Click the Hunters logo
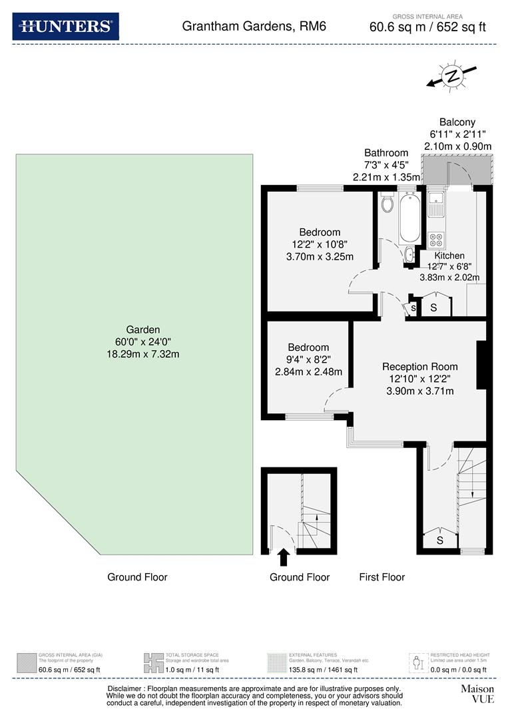click(65, 27)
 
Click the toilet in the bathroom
click(387, 202)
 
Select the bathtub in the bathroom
click(409, 218)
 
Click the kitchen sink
click(436, 202)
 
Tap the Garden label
click(144, 330)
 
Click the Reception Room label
click(419, 366)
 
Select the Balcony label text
click(457, 122)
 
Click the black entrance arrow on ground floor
click(283, 557)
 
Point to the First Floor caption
click(381, 577)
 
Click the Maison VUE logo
click(477, 694)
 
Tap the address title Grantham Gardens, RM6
click(254, 27)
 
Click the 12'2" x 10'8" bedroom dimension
click(320, 244)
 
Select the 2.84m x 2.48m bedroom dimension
click(308, 371)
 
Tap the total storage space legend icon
click(153, 662)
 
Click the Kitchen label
click(449, 256)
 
